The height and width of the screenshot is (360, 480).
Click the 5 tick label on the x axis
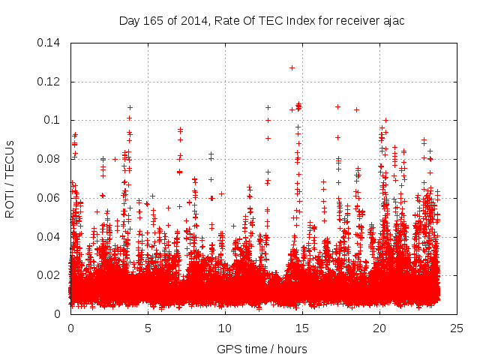pos(148,328)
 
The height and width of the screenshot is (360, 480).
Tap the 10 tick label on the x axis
pos(225,328)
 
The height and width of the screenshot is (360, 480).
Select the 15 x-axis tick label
pos(302,328)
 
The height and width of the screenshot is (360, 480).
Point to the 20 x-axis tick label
pos(379,328)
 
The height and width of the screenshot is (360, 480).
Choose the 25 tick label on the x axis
pos(457,328)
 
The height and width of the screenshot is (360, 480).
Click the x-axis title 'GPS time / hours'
pos(262,349)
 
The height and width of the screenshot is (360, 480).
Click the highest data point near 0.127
pos(292,67)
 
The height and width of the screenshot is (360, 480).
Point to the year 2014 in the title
pos(187,20)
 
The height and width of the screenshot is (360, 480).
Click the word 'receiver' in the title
pos(355,20)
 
